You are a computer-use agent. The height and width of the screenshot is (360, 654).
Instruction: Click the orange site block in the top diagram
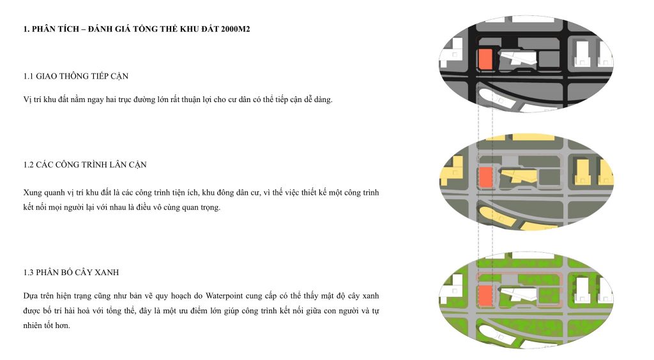(485, 59)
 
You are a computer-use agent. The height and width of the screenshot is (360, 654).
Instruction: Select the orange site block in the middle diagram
(485, 177)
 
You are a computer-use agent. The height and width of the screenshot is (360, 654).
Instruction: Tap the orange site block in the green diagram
(485, 296)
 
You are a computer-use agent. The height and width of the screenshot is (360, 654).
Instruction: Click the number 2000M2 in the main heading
(235, 29)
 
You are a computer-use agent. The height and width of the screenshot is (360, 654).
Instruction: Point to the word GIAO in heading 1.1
(46, 76)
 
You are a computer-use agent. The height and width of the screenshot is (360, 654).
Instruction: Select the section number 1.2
(28, 165)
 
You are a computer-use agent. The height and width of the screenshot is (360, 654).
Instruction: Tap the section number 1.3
(28, 273)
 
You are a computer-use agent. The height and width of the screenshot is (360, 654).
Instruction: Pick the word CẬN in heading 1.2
(138, 165)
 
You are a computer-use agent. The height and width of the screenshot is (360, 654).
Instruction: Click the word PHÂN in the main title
(43, 29)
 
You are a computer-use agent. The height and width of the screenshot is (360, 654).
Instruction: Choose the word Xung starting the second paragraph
(33, 193)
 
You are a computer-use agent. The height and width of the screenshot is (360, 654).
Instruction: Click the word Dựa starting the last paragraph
(31, 296)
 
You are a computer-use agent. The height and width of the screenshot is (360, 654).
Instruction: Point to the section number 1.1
(28, 76)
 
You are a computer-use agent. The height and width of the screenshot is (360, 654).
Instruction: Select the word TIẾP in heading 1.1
(95, 76)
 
